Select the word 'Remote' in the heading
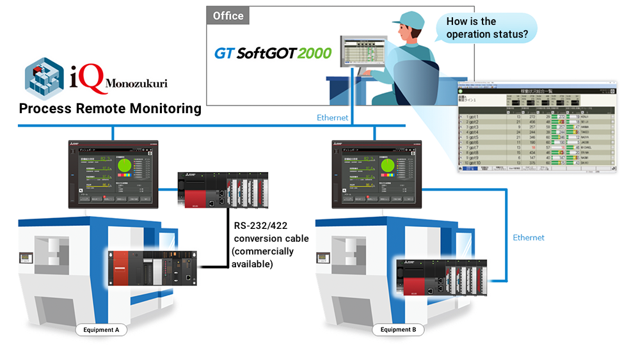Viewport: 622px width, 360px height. point(103,108)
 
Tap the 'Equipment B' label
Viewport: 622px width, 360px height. point(398,330)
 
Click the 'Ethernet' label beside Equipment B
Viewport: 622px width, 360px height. point(529,237)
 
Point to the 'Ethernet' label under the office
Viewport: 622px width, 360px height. point(333,118)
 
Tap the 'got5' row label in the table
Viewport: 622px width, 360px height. point(473,137)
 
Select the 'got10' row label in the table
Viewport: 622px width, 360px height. point(474,162)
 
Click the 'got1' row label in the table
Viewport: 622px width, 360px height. point(473,117)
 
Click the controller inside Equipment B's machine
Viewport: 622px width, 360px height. point(441,278)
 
